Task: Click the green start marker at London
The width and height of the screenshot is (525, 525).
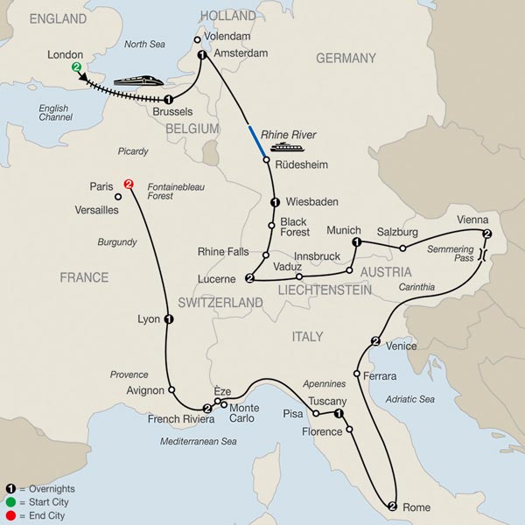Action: pos(77,67)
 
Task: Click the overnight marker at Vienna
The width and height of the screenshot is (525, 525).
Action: pos(487,234)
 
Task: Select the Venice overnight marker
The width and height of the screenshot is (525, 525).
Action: pos(375,340)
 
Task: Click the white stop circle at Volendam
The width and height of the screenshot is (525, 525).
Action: pos(197,38)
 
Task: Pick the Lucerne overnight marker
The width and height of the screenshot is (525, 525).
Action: pos(249,279)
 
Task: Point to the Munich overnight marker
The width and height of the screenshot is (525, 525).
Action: pos(356,241)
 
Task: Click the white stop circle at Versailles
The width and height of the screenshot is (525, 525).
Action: pos(118,197)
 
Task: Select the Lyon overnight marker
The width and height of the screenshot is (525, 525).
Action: pos(168,319)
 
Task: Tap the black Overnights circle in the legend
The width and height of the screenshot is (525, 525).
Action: pos(10,488)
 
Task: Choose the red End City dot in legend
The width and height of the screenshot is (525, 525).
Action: pos(10,516)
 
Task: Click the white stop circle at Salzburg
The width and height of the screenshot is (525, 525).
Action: pos(403,248)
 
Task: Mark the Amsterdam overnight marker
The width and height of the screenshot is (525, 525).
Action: pos(203,55)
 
